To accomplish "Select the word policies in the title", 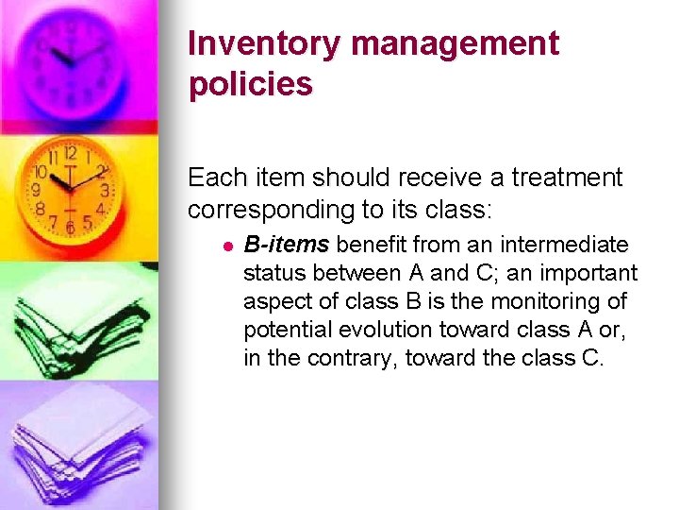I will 250,84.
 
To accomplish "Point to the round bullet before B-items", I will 227,246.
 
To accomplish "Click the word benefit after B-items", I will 368,246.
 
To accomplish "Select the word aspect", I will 274,302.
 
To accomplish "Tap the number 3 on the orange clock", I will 107,190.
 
